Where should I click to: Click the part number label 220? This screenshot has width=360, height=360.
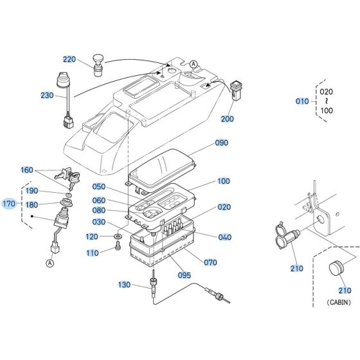pyautogui.click(x=69, y=59)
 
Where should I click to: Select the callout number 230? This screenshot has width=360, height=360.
pyautogui.click(x=47, y=95)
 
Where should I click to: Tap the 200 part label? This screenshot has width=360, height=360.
pyautogui.click(x=228, y=119)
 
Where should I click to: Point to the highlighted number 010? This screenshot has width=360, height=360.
pyautogui.click(x=301, y=102)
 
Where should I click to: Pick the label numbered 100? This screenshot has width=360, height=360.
pyautogui.click(x=224, y=181)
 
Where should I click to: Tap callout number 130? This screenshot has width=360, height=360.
pyautogui.click(x=125, y=284)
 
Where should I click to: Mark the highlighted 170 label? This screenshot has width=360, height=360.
pyautogui.click(x=9, y=204)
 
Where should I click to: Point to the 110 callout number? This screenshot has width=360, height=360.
pyautogui.click(x=93, y=253)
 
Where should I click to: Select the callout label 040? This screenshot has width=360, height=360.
pyautogui.click(x=224, y=237)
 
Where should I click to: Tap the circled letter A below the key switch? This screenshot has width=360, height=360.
pyautogui.click(x=49, y=262)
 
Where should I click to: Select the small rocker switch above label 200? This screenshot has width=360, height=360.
pyautogui.click(x=236, y=89)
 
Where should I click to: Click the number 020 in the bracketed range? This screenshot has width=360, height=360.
pyautogui.click(x=326, y=91)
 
